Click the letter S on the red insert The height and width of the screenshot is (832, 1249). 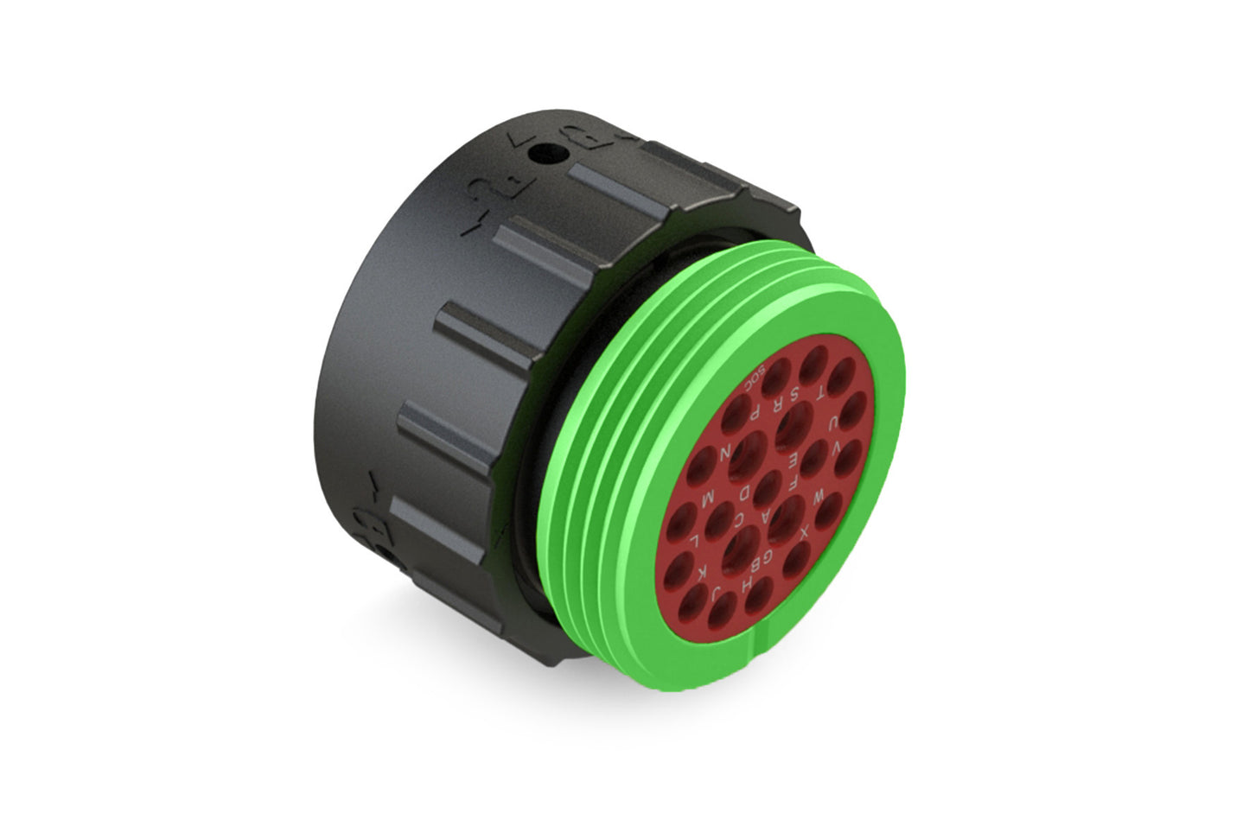795,397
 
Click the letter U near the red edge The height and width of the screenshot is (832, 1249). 832,423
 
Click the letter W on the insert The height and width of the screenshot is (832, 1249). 818,499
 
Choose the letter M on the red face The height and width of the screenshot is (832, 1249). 706,499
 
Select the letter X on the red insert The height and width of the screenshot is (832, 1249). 803,534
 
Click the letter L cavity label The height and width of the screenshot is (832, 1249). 696,542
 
